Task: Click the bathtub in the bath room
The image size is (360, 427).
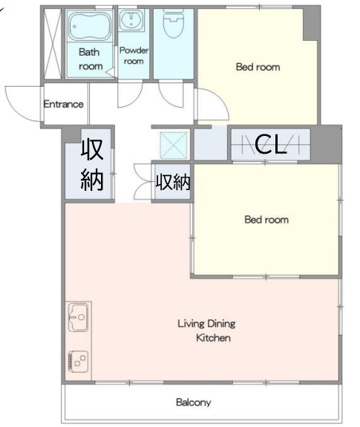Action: (90, 26)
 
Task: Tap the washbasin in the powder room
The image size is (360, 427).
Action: (131, 20)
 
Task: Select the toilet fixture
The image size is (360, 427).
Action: (174, 22)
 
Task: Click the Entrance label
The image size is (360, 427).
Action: (63, 104)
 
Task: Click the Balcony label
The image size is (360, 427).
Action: (194, 402)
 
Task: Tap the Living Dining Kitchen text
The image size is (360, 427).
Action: (207, 330)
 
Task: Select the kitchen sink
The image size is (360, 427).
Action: (78, 316)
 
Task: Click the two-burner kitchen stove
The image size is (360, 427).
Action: (79, 362)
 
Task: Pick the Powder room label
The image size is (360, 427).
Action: (134, 56)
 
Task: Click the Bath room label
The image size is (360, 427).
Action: (91, 59)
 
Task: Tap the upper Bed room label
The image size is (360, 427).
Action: (258, 67)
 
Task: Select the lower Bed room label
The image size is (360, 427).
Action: (266, 220)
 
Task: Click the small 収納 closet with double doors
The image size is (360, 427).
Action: (172, 182)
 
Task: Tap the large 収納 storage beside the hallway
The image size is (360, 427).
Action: (92, 164)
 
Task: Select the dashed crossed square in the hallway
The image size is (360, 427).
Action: (174, 146)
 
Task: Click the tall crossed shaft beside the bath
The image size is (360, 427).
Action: (53, 44)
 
